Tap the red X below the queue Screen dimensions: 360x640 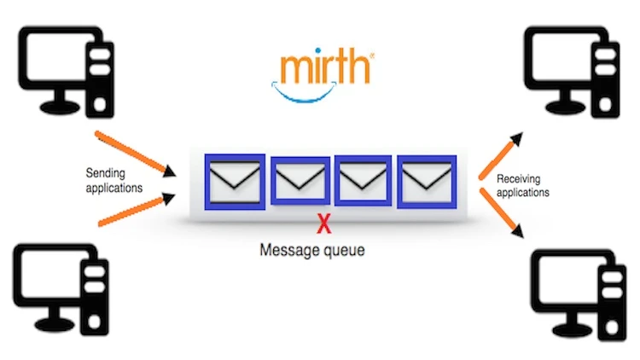coord(323,225)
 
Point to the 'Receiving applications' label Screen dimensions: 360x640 coord(522,185)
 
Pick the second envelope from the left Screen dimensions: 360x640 coord(299,179)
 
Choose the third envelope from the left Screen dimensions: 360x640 coord(363,179)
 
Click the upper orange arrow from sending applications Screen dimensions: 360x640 coord(136,153)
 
